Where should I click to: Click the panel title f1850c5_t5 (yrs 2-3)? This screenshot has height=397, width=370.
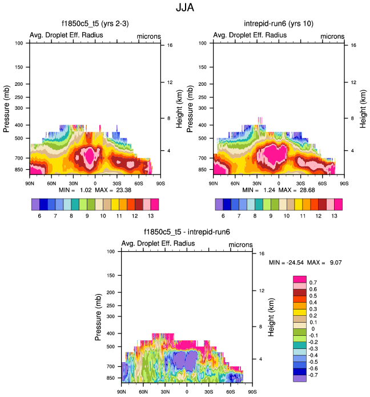[94, 23]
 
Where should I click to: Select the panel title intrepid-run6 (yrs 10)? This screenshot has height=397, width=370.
[279, 23]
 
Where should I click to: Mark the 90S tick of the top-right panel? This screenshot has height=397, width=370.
[344, 183]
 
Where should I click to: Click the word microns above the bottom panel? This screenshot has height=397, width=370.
[240, 244]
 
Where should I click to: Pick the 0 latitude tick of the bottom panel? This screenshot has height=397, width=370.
[187, 391]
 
